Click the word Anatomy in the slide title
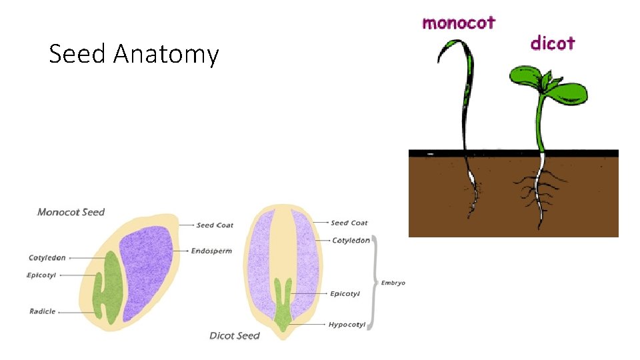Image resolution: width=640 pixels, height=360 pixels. click(x=165, y=54)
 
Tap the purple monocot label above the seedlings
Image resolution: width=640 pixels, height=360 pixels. click(x=459, y=23)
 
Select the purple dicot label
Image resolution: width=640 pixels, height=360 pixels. click(x=552, y=43)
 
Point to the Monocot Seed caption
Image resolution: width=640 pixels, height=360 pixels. click(x=71, y=212)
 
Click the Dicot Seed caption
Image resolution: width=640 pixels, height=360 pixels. click(x=234, y=335)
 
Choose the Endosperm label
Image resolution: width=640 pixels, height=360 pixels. click(x=211, y=251)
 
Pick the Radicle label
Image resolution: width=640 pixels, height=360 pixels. click(x=43, y=311)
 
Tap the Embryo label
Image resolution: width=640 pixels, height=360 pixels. click(x=393, y=283)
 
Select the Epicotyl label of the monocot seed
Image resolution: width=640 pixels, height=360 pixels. click(x=41, y=275)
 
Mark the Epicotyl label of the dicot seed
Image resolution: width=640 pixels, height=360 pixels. click(x=345, y=293)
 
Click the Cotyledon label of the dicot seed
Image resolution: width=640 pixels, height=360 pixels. click(x=351, y=240)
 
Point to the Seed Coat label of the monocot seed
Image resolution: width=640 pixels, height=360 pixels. click(x=215, y=225)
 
